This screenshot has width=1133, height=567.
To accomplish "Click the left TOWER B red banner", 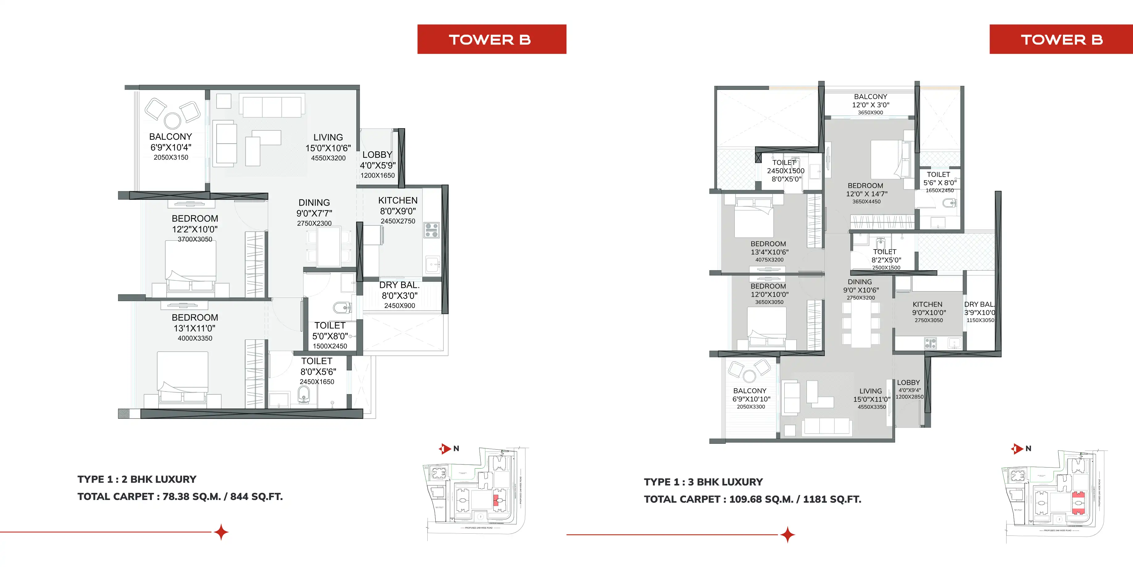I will pos(491,39).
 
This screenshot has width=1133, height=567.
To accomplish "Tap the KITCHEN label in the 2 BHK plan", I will pos(398,201).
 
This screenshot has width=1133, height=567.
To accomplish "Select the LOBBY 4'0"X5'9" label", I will pos(377,165).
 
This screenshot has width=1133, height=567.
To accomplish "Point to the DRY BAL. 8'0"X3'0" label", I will pos(399,295).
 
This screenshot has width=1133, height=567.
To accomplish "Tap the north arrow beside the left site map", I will pos(444,449).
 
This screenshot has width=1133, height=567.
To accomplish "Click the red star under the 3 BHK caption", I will pos(787,535).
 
